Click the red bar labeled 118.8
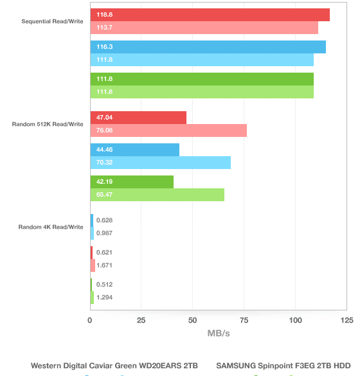(210, 15)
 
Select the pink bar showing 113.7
(204, 28)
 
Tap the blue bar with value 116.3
(208, 47)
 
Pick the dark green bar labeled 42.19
(132, 182)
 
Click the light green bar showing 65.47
(157, 195)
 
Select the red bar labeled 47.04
(138, 118)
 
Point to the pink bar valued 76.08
(168, 130)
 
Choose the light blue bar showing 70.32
(161, 163)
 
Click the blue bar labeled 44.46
(135, 150)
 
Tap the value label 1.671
(104, 265)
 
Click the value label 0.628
(104, 220)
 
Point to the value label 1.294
(104, 298)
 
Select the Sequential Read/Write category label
(52, 21)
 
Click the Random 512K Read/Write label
(48, 124)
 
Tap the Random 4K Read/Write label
(51, 227)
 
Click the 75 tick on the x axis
(244, 320)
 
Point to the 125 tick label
(346, 320)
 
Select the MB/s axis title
(219, 334)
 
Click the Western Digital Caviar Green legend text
(114, 366)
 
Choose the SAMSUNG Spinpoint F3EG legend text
(283, 366)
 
